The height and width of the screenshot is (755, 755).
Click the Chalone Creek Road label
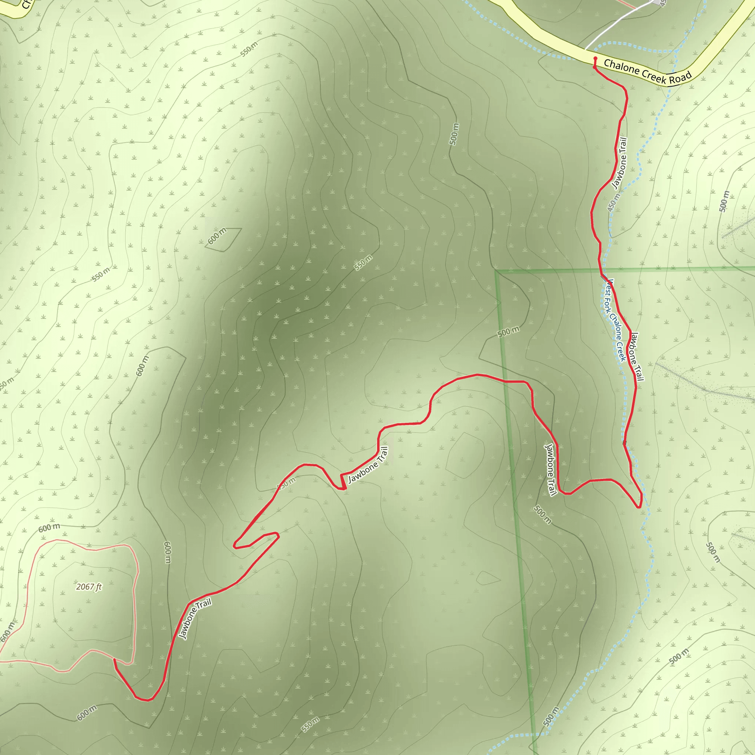[x=647, y=72]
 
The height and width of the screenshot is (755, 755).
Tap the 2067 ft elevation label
[x=89, y=587]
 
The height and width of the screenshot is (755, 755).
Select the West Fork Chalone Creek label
[x=615, y=320]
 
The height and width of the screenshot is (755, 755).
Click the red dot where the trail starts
[x=595, y=59]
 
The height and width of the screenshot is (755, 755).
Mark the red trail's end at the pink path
[x=114, y=659]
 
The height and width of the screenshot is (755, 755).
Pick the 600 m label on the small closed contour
[x=217, y=236]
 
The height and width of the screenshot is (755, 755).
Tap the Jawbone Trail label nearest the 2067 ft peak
[x=195, y=619]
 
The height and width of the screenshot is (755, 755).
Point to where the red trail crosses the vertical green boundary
[x=505, y=381]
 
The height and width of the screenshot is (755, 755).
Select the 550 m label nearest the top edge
[x=249, y=49]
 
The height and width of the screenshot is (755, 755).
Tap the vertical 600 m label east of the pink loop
[x=167, y=552]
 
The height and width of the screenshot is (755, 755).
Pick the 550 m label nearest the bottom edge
[x=310, y=724]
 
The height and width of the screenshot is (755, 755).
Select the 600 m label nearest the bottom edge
[x=87, y=713]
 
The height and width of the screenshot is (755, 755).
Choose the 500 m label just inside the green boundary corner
[x=508, y=332]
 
